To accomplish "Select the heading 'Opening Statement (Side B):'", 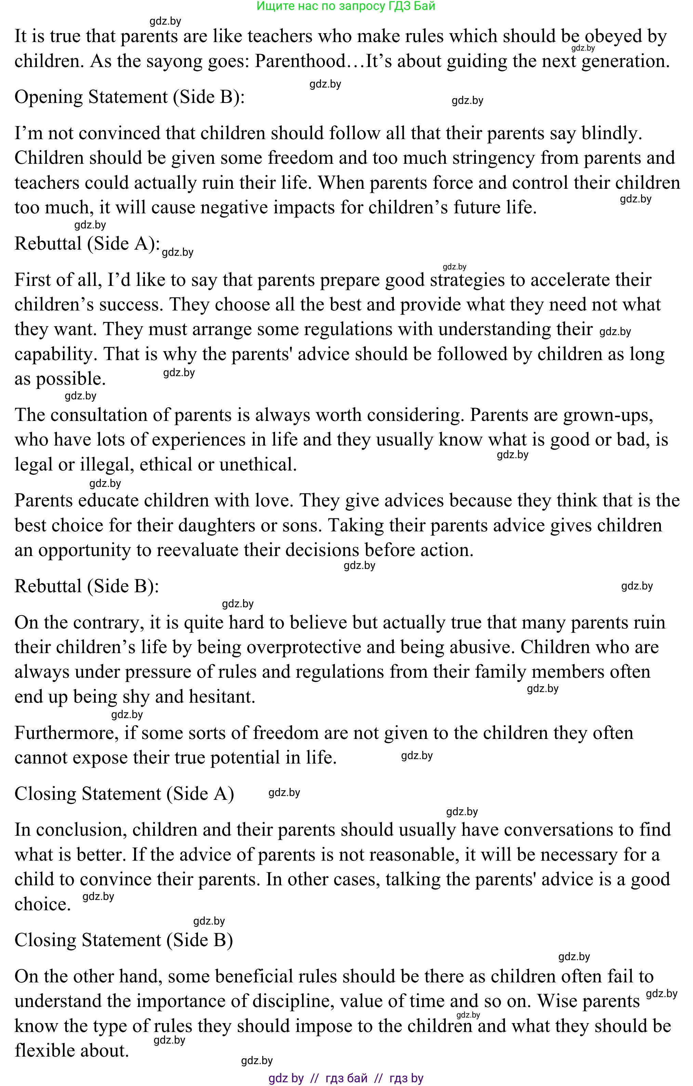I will [x=129, y=97].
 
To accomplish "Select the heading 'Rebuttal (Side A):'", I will [x=87, y=243].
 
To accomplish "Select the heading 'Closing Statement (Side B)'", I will [x=123, y=940].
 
